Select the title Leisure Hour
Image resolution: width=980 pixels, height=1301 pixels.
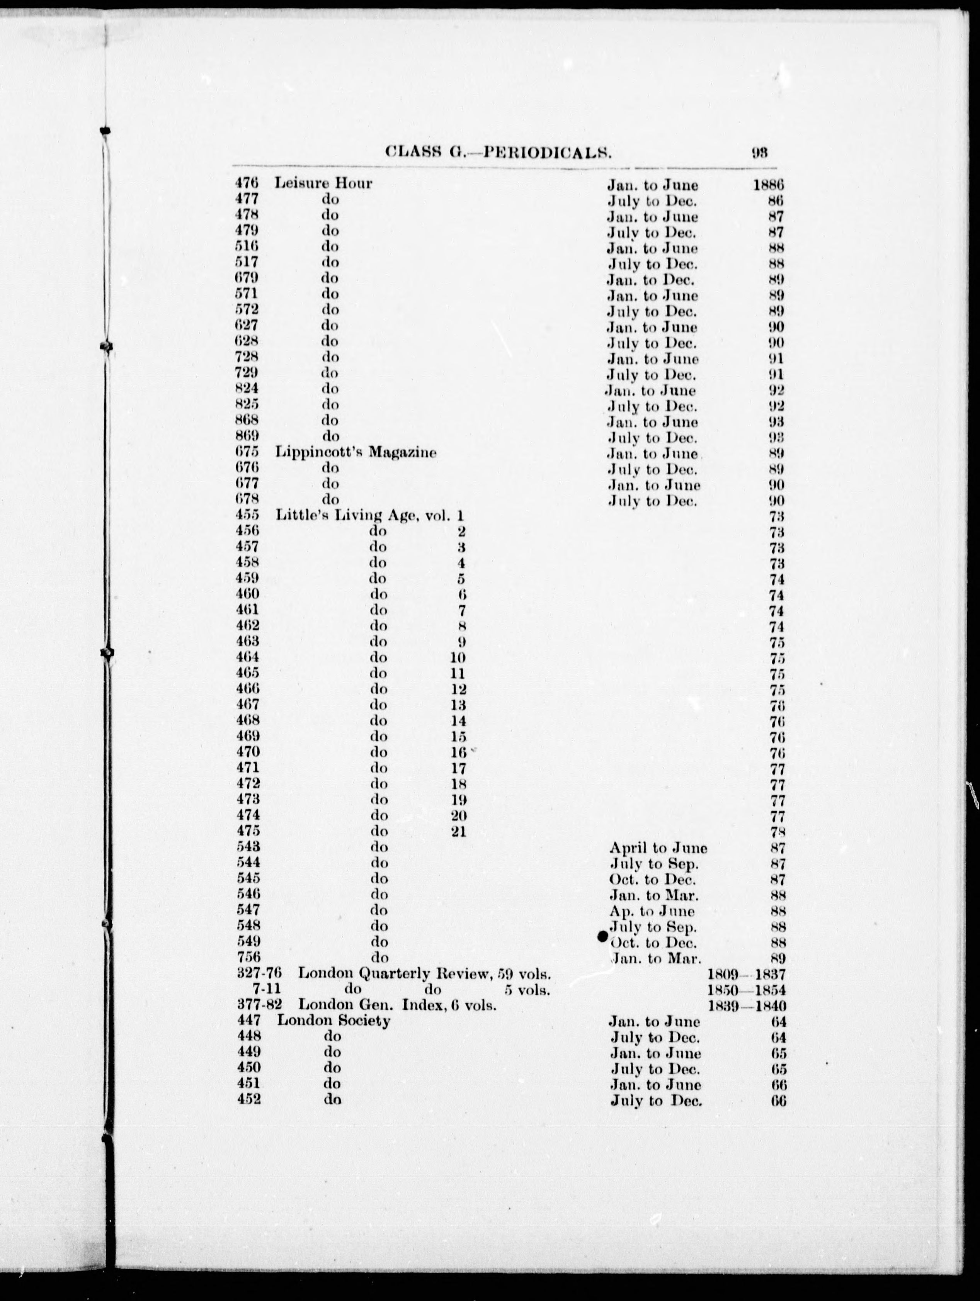[323, 183]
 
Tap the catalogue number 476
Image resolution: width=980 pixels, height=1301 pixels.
[247, 183]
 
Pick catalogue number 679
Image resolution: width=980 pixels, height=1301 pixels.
[247, 278]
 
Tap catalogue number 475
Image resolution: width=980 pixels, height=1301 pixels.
[247, 831]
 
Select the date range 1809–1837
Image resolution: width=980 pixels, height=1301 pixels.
[747, 975]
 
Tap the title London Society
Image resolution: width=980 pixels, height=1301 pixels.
[333, 1021]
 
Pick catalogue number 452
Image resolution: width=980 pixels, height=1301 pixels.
[248, 1100]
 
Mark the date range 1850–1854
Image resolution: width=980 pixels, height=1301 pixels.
[747, 990]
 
